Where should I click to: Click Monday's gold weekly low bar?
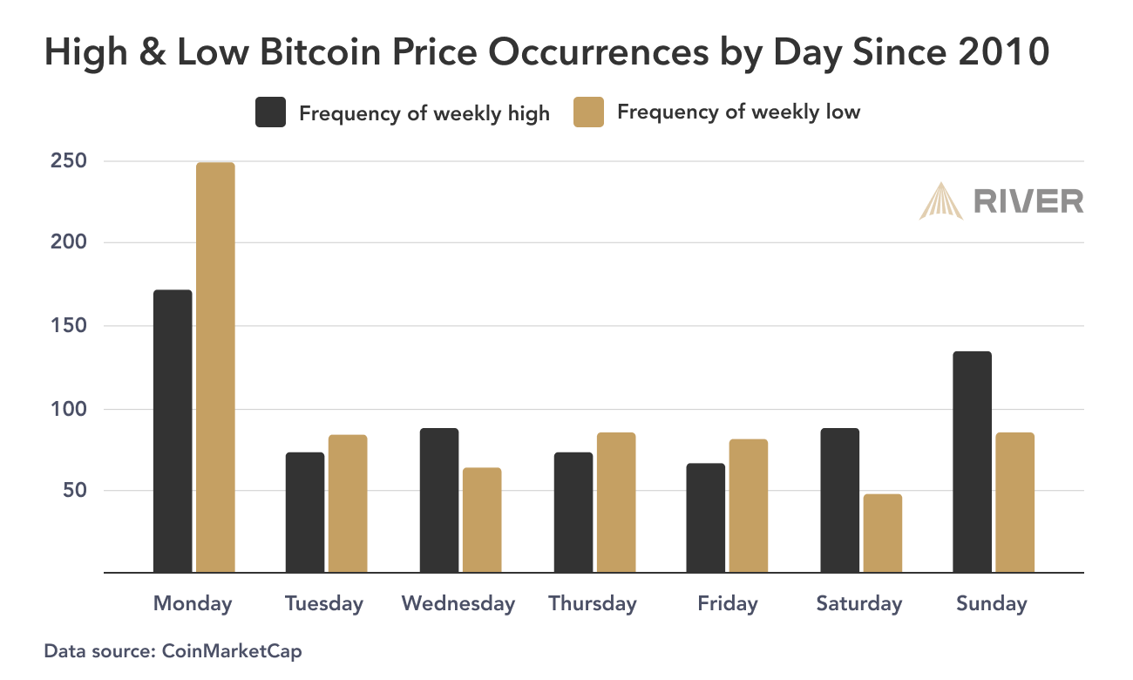pyautogui.click(x=215, y=367)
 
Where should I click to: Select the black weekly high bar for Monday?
pyautogui.click(x=173, y=431)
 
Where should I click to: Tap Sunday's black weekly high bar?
pyautogui.click(x=972, y=461)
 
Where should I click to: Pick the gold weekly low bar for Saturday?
pyautogui.click(x=881, y=533)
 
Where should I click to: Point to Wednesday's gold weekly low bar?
pyautogui.click(x=482, y=520)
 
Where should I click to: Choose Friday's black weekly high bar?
pyautogui.click(x=705, y=517)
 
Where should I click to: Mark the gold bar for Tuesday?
pyautogui.click(x=348, y=503)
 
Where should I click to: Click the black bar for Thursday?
pyautogui.click(x=572, y=512)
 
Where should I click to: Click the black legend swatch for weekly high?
pyautogui.click(x=270, y=112)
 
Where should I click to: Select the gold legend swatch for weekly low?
pyautogui.click(x=588, y=112)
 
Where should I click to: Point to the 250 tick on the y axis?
pyautogui.click(x=68, y=161)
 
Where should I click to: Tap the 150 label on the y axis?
pyautogui.click(x=68, y=326)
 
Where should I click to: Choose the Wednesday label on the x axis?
pyautogui.click(x=458, y=603)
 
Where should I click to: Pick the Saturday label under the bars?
pyautogui.click(x=859, y=603)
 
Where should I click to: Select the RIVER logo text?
pyautogui.click(x=1028, y=201)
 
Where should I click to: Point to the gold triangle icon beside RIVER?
pyautogui.click(x=941, y=201)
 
